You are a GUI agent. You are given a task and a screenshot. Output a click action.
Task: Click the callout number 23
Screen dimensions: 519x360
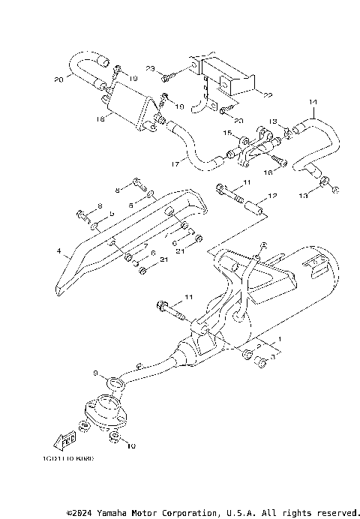tap(150, 69)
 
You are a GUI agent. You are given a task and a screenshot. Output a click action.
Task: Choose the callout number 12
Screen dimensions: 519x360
tap(272, 196)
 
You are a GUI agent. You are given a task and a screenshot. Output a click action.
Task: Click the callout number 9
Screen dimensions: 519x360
tap(94, 373)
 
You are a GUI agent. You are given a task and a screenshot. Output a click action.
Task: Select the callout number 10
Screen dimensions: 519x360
tap(133, 447)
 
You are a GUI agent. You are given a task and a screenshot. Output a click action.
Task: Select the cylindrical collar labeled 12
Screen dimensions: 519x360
tap(253, 207)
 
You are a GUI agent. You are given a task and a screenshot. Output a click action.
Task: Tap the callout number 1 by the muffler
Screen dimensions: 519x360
tap(280, 339)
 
